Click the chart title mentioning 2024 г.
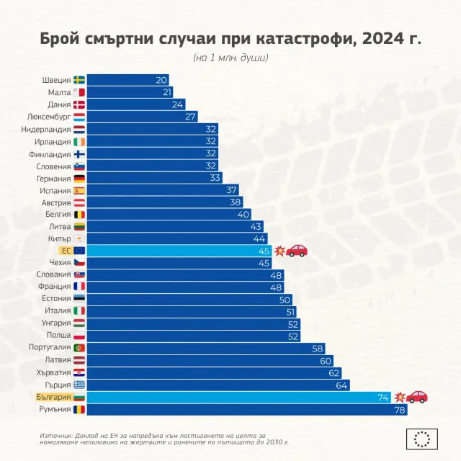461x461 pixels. [x=230, y=38]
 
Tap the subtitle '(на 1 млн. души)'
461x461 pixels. [x=230, y=58]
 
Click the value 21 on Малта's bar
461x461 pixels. [x=167, y=92]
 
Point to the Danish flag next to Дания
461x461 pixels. [x=79, y=104]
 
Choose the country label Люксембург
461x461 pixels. [x=49, y=117]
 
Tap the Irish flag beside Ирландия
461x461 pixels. [x=79, y=141]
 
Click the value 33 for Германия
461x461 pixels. [x=215, y=178]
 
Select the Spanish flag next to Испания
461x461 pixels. [x=79, y=190]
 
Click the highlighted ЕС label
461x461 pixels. [x=66, y=251]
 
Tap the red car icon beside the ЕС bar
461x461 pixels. [x=297, y=251]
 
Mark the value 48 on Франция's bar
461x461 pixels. [x=276, y=287]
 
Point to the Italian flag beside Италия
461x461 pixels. [x=79, y=311]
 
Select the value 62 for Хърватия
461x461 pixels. [x=334, y=373]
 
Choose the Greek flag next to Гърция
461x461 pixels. [x=79, y=385]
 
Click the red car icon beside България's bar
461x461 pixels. [x=417, y=397]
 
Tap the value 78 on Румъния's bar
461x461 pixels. [x=398, y=409]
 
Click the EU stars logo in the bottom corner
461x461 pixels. [x=422, y=438]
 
